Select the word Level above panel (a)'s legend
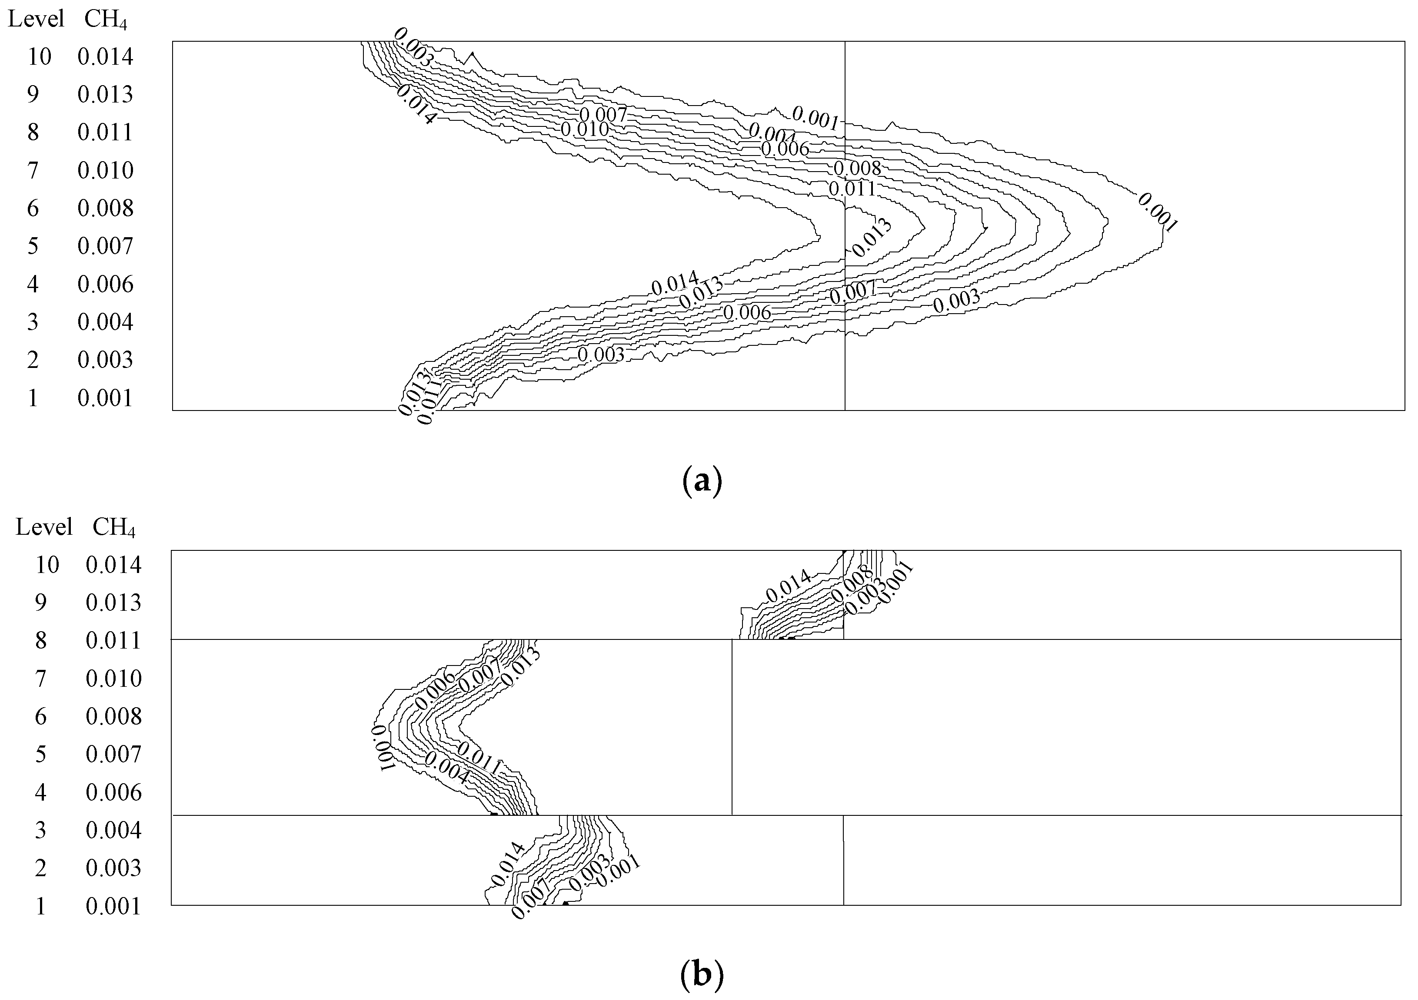[x=36, y=19]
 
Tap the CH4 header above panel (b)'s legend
[x=113, y=527]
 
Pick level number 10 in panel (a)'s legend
[x=40, y=57]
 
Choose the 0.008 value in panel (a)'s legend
[x=106, y=209]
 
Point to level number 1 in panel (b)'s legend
[x=41, y=906]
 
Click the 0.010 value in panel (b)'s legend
[x=113, y=679]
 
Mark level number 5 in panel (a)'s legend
[x=33, y=246]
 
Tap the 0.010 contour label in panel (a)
[x=584, y=129]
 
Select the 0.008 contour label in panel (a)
[x=857, y=168]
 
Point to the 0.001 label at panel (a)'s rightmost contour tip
[x=1157, y=212]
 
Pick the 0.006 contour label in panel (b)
[x=436, y=692]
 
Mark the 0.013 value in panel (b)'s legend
[x=113, y=603]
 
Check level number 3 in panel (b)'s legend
[x=41, y=830]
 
